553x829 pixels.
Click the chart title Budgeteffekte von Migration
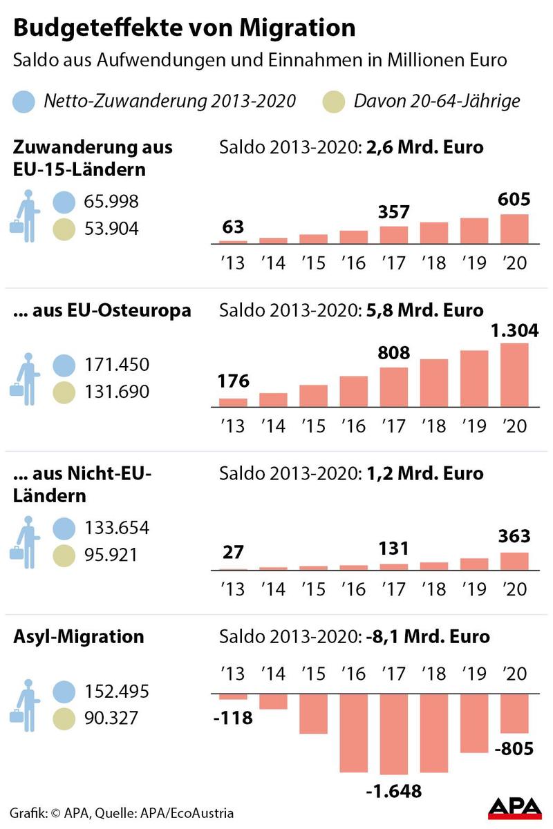185,28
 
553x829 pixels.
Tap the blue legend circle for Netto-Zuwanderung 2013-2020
26,102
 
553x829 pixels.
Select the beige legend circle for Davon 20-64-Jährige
335,102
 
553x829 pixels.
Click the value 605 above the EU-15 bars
514,200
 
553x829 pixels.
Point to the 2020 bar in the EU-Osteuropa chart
514,377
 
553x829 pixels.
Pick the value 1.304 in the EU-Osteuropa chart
514,332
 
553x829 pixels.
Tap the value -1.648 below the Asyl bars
394,791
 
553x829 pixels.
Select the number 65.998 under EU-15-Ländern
110,202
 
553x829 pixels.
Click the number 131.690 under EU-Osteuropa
115,392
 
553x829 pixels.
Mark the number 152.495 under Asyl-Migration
115,692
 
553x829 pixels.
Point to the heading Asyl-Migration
79,636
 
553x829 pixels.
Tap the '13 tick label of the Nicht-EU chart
232,589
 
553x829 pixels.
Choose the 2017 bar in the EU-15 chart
394,235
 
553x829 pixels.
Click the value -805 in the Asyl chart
514,748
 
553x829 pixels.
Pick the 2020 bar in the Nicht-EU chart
514,561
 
